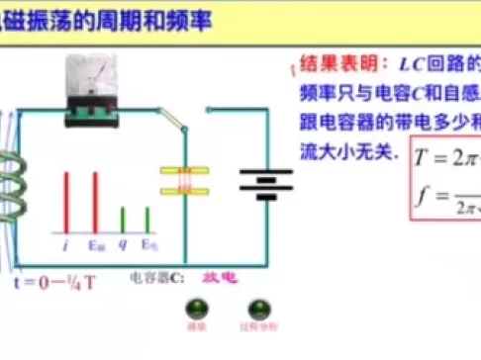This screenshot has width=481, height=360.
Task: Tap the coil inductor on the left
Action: pyautogui.click(x=11, y=203)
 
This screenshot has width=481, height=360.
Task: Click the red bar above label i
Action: pyautogui.click(x=66, y=203)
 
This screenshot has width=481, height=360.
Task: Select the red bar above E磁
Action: pyautogui.click(x=95, y=203)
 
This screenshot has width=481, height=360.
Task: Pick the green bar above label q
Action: pyautogui.click(x=123, y=219)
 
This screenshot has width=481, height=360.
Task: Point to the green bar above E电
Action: pyautogui.click(x=147, y=219)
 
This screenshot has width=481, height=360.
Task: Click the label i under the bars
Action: pyautogui.click(x=65, y=242)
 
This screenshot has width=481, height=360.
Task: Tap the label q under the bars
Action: pyautogui.click(x=123, y=243)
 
